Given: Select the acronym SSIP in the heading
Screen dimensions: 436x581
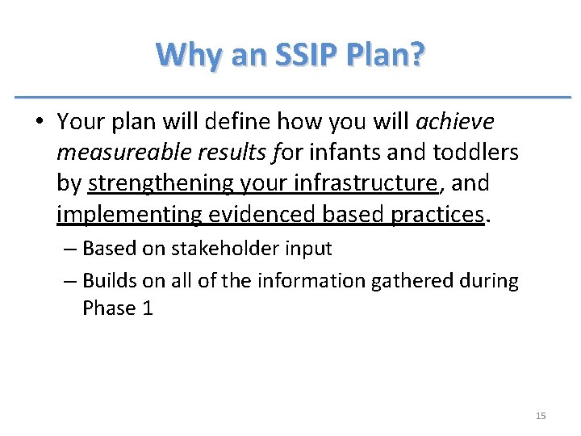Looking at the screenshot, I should point(304,56).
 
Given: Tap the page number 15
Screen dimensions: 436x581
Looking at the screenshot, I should point(540,416).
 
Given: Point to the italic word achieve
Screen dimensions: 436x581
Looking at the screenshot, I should point(454,122).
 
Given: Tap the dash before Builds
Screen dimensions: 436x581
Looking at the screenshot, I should point(69,280).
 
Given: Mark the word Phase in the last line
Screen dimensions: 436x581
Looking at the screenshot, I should point(109,308).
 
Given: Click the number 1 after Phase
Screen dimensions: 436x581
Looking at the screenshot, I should point(147,308).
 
